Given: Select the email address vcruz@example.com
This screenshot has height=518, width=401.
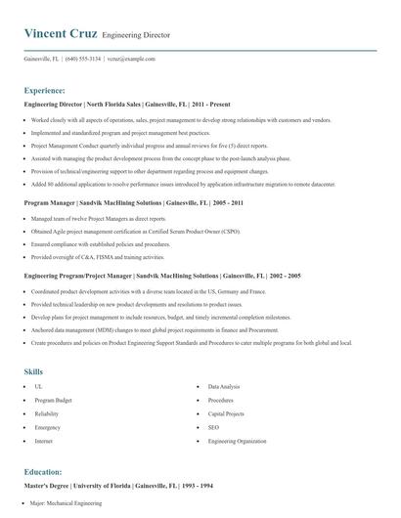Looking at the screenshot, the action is tap(131, 59).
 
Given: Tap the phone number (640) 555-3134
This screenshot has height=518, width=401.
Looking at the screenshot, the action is tap(83, 59).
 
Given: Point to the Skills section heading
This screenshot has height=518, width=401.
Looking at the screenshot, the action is tap(33, 371).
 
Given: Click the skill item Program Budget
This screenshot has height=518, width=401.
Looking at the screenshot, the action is tap(53, 401).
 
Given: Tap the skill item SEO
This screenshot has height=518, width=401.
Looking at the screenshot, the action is tap(214, 428).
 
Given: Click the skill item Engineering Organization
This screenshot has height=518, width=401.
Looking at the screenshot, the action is tap(238, 442).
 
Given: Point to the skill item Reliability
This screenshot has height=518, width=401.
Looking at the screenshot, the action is tap(48, 414).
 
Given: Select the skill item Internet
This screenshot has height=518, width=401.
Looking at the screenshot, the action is tap(44, 442).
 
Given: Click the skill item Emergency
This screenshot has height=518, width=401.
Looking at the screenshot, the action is tap(48, 428).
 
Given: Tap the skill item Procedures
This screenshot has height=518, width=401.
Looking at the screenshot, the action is tap(221, 401).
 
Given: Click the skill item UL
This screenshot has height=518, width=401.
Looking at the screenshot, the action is tap(38, 388).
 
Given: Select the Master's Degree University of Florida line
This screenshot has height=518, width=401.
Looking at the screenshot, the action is tap(112, 486).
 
